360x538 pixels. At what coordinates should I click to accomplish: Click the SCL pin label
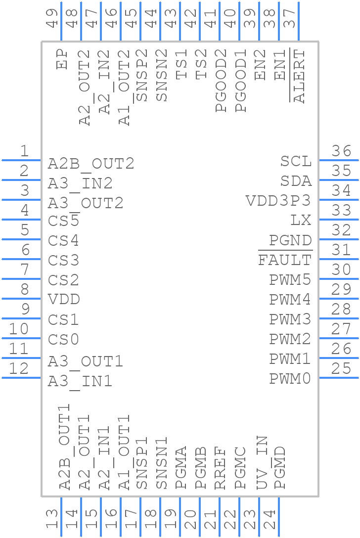pos(296,161)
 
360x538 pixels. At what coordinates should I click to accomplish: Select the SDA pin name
pos(296,181)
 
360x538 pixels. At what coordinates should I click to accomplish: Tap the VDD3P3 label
pos(278,201)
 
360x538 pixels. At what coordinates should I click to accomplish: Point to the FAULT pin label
pos(285,260)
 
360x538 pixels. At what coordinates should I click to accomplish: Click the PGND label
pos(290,240)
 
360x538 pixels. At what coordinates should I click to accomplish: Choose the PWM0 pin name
pos(290,379)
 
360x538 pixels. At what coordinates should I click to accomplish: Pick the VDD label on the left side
pos(64,300)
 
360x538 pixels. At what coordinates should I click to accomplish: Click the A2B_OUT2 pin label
pos(91,164)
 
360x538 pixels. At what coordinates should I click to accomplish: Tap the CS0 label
pos(64,340)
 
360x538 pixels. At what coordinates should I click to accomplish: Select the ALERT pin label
pos(300,76)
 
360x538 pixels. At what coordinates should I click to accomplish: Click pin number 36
pos(341,151)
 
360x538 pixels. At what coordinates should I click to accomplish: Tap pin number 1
pos(24,151)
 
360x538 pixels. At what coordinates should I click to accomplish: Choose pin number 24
pos(269,520)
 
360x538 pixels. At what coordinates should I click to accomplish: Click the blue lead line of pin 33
pos(338,219)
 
